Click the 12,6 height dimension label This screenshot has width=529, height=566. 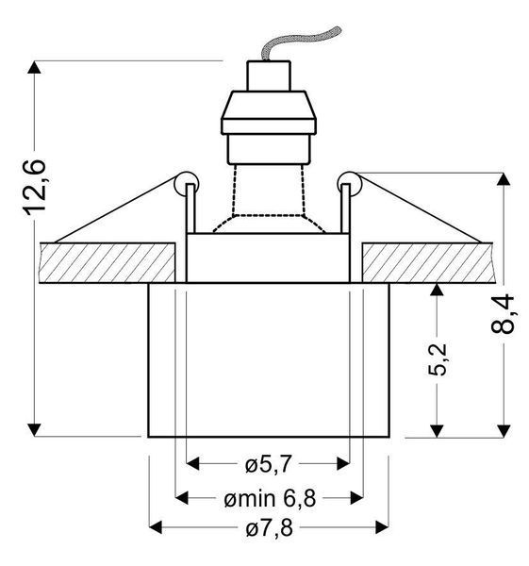click(35, 188)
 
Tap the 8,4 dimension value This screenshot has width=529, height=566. click(503, 314)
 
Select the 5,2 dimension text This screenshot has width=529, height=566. click(438, 359)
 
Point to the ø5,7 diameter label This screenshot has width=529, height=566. click(268, 464)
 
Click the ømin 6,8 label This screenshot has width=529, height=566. click(270, 498)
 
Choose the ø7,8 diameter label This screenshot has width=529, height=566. click(270, 529)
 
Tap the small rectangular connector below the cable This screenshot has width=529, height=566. click(269, 75)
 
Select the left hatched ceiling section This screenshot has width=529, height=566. click(107, 263)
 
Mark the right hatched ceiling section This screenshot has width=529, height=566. click(427, 263)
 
